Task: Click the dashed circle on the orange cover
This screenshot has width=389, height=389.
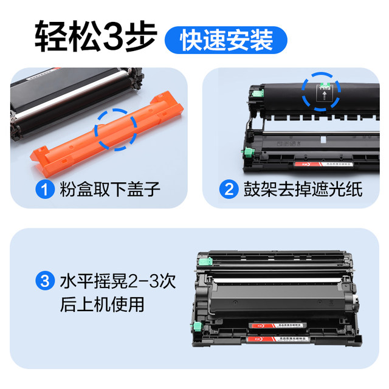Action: tap(115, 129)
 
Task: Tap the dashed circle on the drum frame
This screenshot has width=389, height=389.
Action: tap(321, 93)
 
